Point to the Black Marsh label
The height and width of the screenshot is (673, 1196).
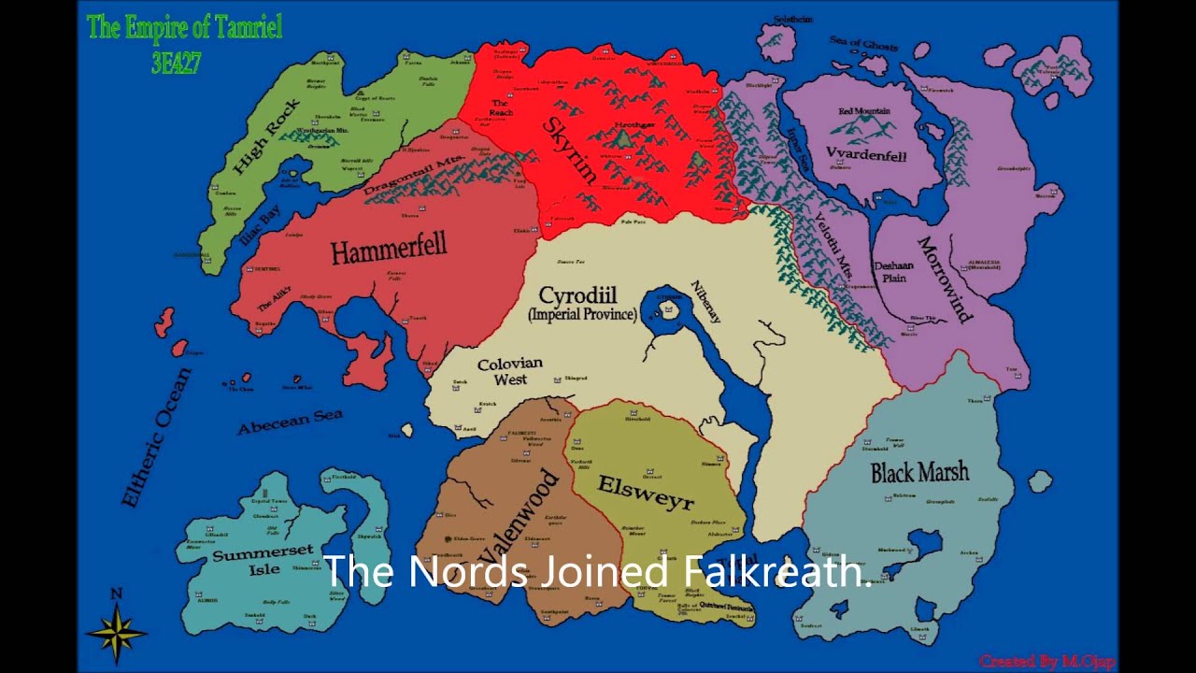919,472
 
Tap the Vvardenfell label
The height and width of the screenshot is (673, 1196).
866,154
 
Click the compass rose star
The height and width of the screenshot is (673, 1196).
117,634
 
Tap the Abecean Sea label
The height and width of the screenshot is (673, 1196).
290,422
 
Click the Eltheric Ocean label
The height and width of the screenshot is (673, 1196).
156,437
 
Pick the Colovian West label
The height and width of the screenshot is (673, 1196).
510,371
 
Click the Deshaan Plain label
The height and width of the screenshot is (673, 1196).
894,271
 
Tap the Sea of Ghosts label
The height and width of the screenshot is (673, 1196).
863,44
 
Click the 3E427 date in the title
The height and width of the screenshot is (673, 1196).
176,63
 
